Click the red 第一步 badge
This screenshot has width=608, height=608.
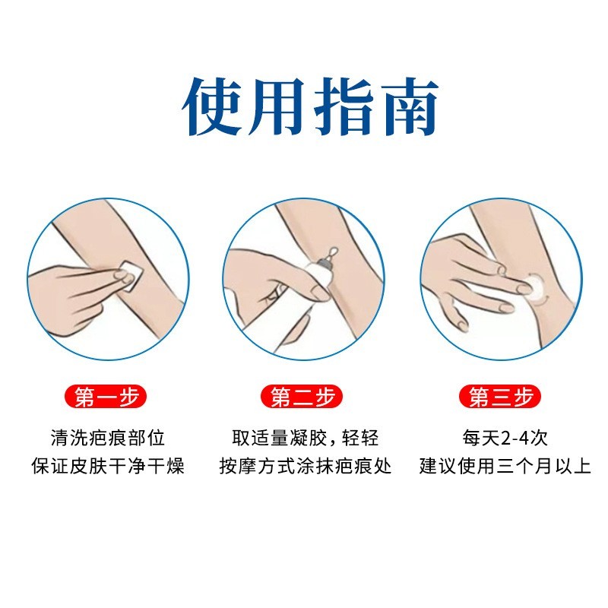coord(107,397)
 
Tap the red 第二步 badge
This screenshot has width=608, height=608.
coord(304,397)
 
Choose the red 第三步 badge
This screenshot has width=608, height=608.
coord(501,397)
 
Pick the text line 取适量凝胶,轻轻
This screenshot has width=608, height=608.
coord(304,439)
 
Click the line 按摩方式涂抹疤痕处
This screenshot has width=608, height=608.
coord(304,466)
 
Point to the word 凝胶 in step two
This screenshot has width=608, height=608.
coord(311,439)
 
